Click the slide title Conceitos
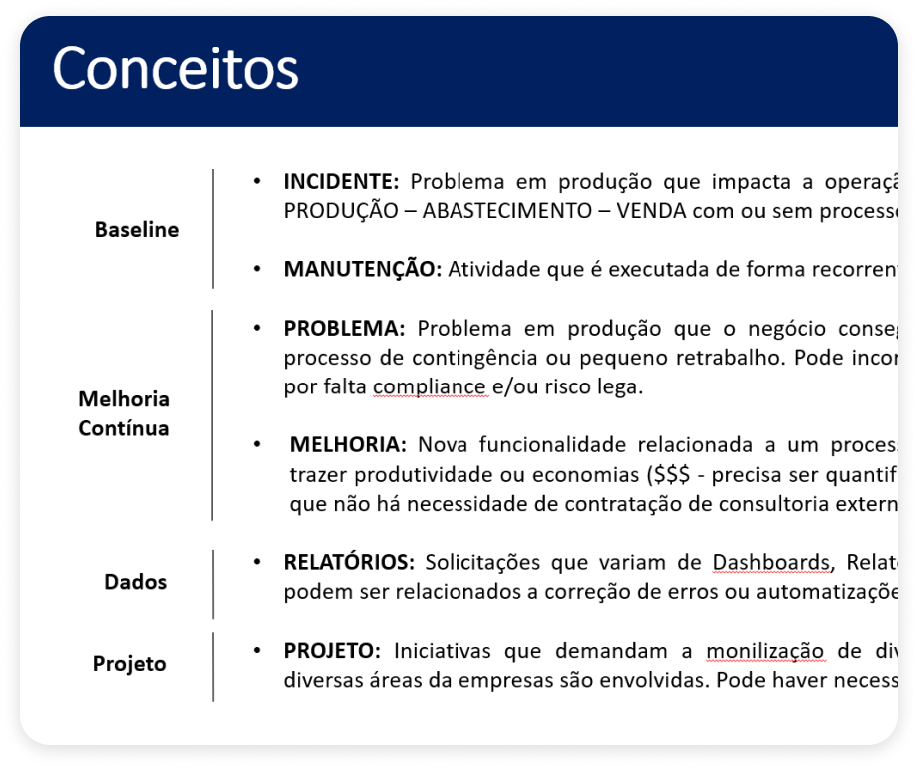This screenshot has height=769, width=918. (x=175, y=69)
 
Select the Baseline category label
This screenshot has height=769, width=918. (x=137, y=230)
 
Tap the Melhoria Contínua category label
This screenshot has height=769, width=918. (x=124, y=414)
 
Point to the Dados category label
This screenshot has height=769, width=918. (x=136, y=582)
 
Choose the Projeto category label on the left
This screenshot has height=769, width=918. (x=130, y=664)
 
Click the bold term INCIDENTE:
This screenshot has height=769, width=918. (x=341, y=182)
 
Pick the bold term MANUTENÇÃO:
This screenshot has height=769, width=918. (x=362, y=269)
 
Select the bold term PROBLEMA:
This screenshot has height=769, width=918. (x=344, y=329)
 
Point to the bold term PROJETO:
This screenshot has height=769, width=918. (x=332, y=651)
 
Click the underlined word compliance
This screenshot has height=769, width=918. (x=431, y=387)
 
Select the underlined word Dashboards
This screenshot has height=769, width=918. (x=770, y=562)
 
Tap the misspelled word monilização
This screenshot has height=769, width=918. (x=765, y=651)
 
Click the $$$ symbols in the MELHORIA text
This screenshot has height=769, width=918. (x=670, y=474)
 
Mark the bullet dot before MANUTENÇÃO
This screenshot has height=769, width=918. (x=257, y=269)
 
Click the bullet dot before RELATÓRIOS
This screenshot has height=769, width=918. (x=257, y=562)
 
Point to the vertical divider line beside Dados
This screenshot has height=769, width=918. (x=213, y=583)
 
